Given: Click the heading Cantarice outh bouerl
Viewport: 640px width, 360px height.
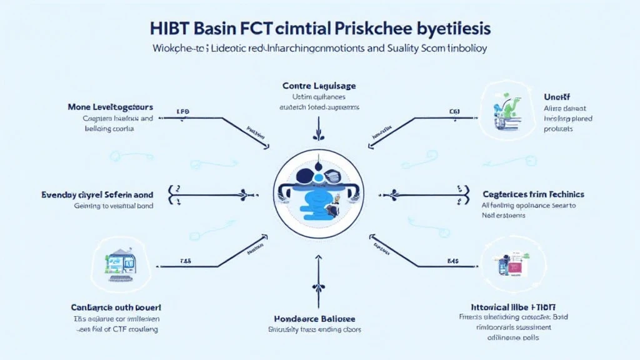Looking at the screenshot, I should coord(115,307).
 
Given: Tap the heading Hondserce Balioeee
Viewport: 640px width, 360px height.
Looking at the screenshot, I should coord(319,317).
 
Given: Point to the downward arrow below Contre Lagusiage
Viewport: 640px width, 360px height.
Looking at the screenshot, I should coord(319,133).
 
